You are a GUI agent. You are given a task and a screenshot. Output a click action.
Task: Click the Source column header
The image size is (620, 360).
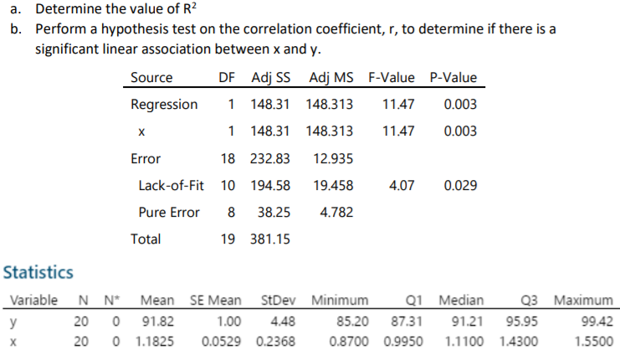tap(151, 78)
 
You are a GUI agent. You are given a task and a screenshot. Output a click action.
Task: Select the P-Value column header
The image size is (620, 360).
tap(453, 78)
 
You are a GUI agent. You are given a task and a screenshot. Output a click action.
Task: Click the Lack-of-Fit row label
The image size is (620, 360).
tap(172, 185)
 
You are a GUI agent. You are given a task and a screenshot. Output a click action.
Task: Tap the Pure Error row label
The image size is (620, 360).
tap(169, 212)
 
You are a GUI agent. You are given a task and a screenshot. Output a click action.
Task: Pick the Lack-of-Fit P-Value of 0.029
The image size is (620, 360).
tap(461, 185)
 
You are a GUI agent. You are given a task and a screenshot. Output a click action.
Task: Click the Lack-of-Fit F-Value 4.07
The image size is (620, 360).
tap(402, 185)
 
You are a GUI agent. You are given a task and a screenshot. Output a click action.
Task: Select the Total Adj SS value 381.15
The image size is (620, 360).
tap(271, 239)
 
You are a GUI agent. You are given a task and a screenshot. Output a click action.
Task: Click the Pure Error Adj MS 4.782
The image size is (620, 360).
tap(336, 212)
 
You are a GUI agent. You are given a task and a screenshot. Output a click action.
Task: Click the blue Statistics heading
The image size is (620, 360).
tap(38, 272)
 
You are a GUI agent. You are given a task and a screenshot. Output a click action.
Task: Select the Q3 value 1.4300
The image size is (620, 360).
tap(520, 341)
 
